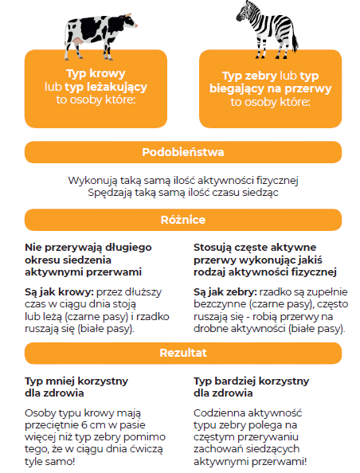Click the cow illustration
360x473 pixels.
100,36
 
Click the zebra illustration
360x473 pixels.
267,30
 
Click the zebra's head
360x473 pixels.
244,12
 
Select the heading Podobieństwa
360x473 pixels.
183,152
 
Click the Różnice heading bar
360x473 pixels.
183,220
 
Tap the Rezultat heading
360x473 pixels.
183,353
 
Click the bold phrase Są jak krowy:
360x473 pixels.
59,292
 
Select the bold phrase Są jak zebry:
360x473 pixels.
225,292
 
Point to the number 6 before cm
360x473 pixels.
84,425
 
